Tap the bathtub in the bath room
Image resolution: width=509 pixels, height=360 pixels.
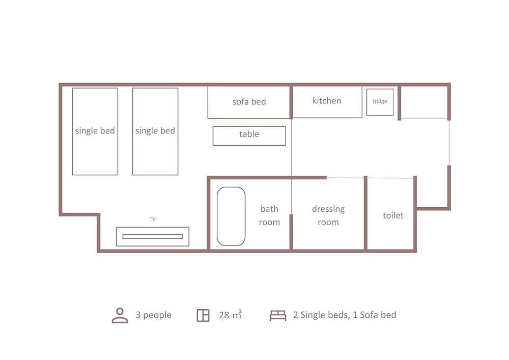[x=231, y=216]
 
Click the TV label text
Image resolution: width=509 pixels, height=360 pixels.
[x=152, y=219]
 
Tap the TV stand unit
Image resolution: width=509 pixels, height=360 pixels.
[x=152, y=236]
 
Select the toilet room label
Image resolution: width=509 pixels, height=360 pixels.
[x=393, y=215]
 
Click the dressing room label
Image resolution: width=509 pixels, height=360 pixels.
[x=328, y=215]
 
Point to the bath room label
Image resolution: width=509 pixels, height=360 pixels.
[x=269, y=215]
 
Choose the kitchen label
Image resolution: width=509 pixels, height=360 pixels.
[x=327, y=100]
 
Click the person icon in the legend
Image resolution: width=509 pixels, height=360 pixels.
[x=120, y=315]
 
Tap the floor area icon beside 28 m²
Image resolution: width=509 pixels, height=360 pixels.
[x=203, y=315]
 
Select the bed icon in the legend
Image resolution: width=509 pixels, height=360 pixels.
[x=277, y=315]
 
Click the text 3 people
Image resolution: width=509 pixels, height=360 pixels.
[x=153, y=315]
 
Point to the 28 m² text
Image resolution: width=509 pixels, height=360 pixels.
[x=230, y=315]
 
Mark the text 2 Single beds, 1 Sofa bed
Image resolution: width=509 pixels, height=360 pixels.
[x=344, y=315]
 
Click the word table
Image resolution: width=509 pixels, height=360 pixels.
[x=249, y=134]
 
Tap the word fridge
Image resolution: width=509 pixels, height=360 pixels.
[x=380, y=101]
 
